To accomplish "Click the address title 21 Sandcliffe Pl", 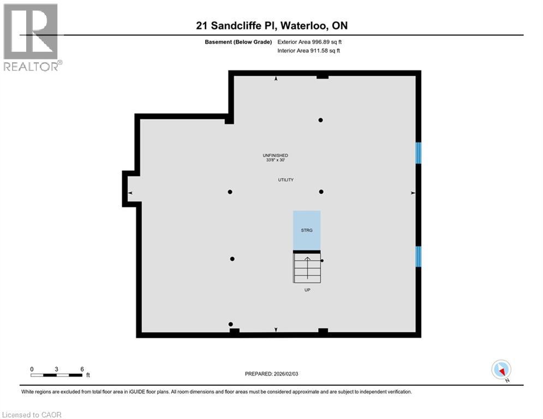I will (x=271, y=25).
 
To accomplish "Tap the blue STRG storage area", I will (x=307, y=230).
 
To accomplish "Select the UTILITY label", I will (x=286, y=179).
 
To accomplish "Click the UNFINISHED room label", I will (x=275, y=155).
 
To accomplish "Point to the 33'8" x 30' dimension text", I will (x=275, y=160).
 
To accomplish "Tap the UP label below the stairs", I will (x=307, y=290).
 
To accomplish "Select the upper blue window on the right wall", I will (x=418, y=153).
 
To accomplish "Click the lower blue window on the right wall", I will (x=418, y=256).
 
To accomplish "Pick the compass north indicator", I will (x=500, y=369).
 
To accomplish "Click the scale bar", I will (x=57, y=375).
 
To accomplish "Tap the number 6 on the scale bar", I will (x=82, y=369).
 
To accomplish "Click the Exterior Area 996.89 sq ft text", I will (x=309, y=41).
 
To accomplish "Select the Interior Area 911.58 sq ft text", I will (x=309, y=51).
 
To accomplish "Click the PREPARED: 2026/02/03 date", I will (x=272, y=374).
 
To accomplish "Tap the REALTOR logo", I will (x=32, y=37).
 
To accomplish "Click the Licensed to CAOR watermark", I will (x=32, y=415).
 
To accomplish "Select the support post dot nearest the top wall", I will (x=321, y=120).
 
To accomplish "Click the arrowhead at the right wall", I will (x=413, y=193).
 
